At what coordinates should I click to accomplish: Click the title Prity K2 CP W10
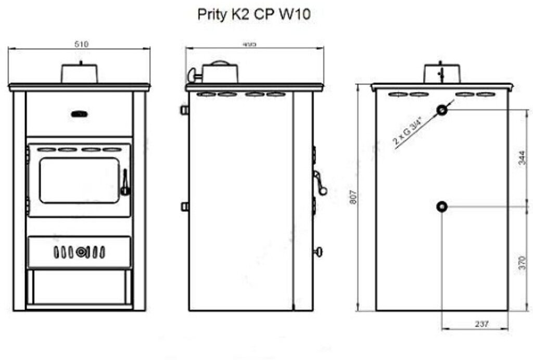click(x=253, y=14)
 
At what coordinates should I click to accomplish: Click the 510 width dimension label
click(x=81, y=44)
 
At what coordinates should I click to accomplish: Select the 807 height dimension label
click(x=353, y=195)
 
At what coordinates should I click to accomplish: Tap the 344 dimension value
click(x=523, y=158)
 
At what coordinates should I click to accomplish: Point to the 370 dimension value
click(x=523, y=259)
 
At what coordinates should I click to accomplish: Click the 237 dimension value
click(x=482, y=324)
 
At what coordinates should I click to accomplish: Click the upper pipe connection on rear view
click(x=442, y=110)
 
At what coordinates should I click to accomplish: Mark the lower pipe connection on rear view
click(x=442, y=207)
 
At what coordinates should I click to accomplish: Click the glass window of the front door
click(x=79, y=180)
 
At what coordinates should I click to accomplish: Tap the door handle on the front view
click(x=125, y=183)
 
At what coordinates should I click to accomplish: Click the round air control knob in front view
click(x=80, y=252)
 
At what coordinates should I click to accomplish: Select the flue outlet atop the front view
click(x=80, y=73)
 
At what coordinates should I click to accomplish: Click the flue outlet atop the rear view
click(x=442, y=73)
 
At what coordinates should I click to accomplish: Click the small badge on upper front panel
click(x=80, y=114)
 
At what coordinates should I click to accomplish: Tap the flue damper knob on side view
click(x=194, y=74)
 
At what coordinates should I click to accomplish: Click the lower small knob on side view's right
click(x=318, y=252)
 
